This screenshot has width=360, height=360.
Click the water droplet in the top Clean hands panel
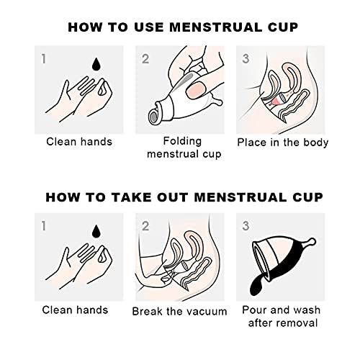(x=96, y=64)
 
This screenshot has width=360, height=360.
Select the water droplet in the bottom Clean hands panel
(x=96, y=232)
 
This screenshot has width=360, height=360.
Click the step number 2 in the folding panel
(x=145, y=59)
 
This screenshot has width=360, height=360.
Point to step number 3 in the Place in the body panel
(x=246, y=58)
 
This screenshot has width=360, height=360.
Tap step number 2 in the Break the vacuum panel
(x=145, y=226)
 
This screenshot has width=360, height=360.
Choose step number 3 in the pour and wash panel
(x=246, y=226)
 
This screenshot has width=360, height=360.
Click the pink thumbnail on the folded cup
(x=196, y=91)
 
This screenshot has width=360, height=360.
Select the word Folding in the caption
(x=182, y=141)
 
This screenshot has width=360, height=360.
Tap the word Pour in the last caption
(x=254, y=310)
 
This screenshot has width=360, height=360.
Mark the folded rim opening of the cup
(x=154, y=116)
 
